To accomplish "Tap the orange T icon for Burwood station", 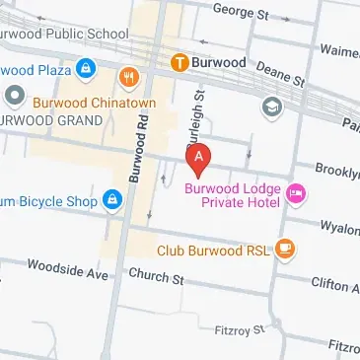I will [180, 62].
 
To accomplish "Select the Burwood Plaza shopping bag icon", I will [86, 69].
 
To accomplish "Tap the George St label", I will [241, 12].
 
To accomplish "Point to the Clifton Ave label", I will [335, 285].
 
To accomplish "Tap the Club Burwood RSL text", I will [212, 251].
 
